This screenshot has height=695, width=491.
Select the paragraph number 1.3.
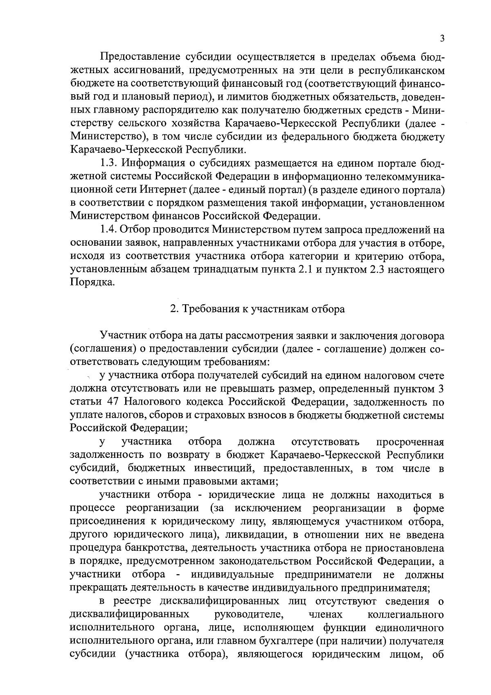click(109, 163)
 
